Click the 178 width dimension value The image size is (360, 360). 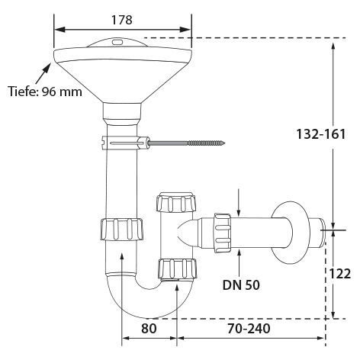(122, 20)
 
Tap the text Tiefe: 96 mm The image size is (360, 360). (45, 92)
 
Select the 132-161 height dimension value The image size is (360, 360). (321, 134)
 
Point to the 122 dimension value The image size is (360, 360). (340, 274)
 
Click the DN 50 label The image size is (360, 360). (241, 285)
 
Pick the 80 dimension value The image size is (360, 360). (149, 328)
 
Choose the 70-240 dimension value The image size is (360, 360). (249, 328)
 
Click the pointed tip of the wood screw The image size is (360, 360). (225, 143)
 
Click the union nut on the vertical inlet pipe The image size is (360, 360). (122, 229)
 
